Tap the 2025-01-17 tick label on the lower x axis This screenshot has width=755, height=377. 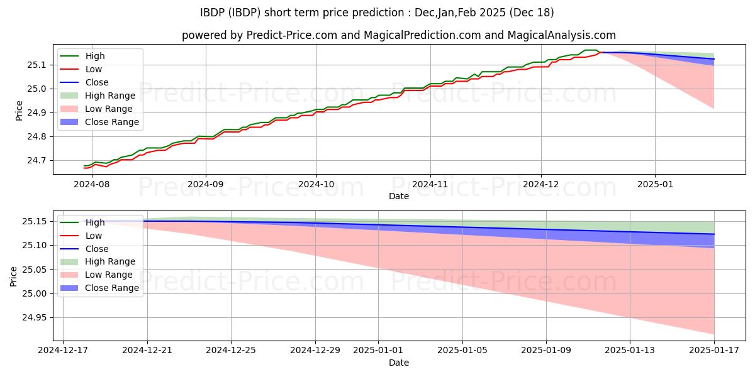714,350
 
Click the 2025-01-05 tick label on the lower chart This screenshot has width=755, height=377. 462,350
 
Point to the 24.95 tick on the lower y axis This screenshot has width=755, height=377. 33,317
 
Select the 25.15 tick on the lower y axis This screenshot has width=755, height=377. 33,221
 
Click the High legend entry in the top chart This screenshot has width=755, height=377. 95,56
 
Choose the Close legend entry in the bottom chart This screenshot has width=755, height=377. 97,249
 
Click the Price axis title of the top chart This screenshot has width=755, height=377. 19,109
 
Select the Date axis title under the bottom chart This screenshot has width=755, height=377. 399,363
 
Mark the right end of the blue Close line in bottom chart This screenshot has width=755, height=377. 714,234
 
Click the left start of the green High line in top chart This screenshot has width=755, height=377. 84,166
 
